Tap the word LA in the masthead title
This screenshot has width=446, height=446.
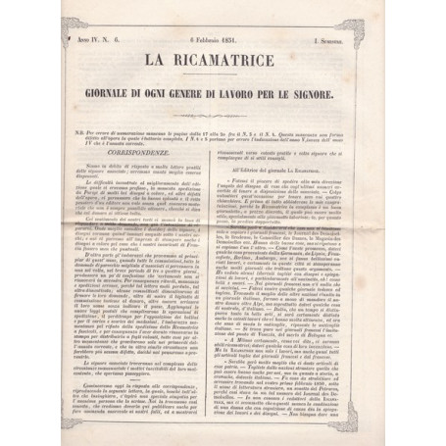(155, 68)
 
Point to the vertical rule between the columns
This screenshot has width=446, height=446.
(223, 294)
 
